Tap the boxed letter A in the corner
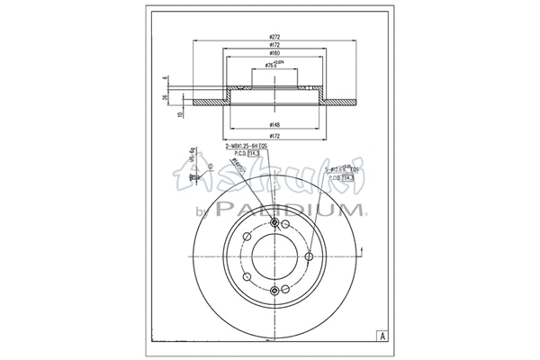coord(382,335)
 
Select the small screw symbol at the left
coord(193,181)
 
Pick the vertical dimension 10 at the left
coord(180,114)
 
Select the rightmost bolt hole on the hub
coord(309,257)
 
